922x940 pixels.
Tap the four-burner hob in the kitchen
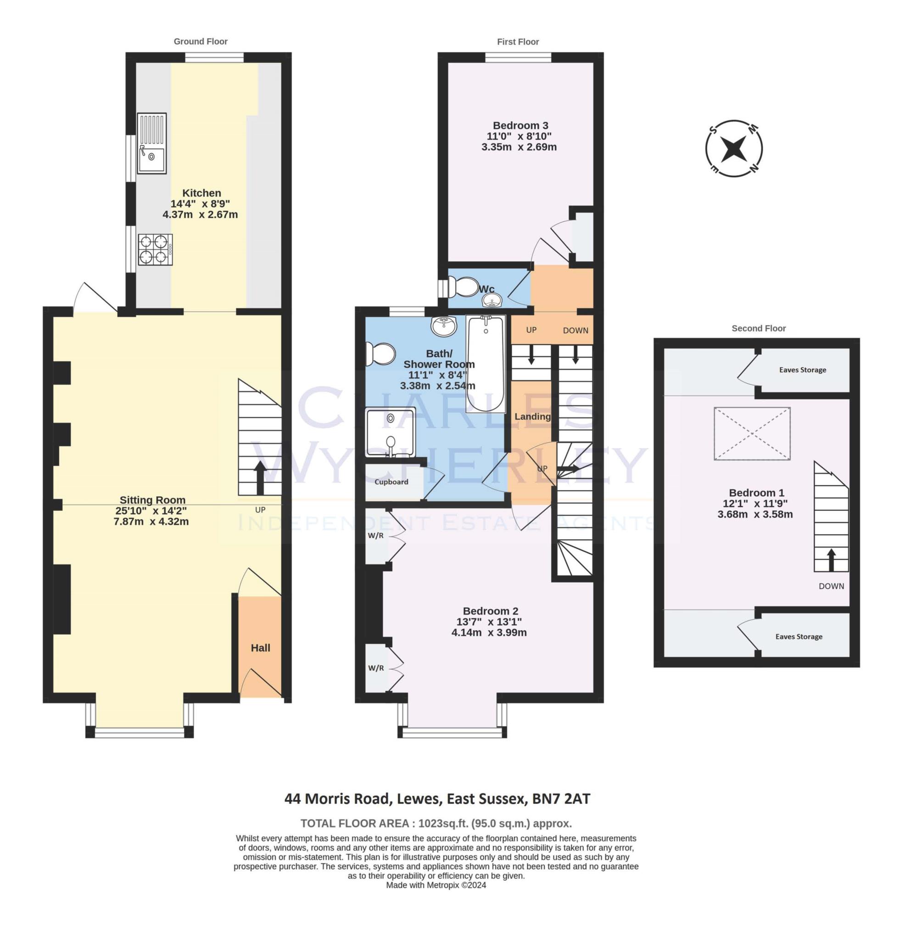pyautogui.click(x=155, y=249)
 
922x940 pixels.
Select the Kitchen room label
pyautogui.click(x=201, y=193)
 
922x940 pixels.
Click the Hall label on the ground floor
pyautogui.click(x=260, y=648)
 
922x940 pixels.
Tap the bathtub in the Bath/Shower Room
pyautogui.click(x=485, y=363)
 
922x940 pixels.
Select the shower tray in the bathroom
pyautogui.click(x=390, y=432)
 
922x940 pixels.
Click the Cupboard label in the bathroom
pyautogui.click(x=391, y=482)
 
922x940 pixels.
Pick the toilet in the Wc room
pyautogui.click(x=463, y=287)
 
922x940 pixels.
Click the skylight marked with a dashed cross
pyautogui.click(x=752, y=433)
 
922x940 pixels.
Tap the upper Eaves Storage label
pyautogui.click(x=802, y=370)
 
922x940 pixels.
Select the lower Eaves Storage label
pyautogui.click(x=799, y=637)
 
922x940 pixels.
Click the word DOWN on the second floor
pyautogui.click(x=831, y=586)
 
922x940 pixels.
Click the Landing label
pyautogui.click(x=532, y=416)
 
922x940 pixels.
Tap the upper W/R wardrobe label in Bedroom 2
pyautogui.click(x=376, y=536)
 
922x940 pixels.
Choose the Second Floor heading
pyautogui.click(x=758, y=328)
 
